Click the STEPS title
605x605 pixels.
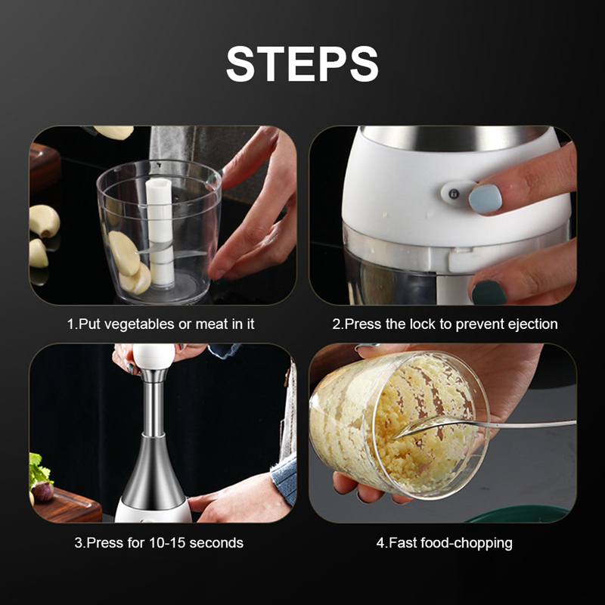click(302, 64)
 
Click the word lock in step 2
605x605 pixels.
click(416, 324)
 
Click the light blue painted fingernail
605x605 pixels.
click(485, 198)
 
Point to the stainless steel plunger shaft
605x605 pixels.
click(154, 408)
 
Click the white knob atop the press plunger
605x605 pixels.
click(153, 355)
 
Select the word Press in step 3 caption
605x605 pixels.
click(103, 542)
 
